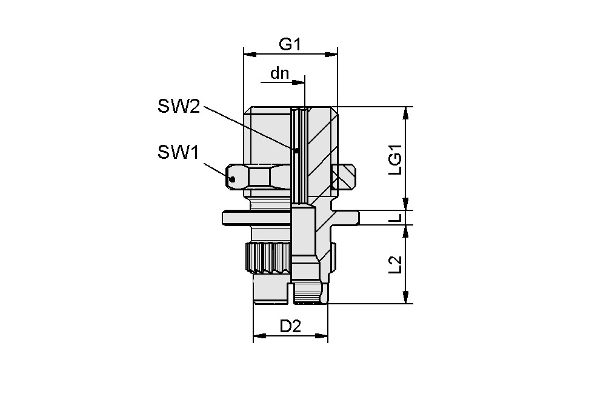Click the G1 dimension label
(x=290, y=44)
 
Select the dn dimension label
(x=279, y=73)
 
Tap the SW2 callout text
(x=179, y=107)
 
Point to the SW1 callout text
(x=179, y=153)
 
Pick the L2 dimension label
(x=394, y=264)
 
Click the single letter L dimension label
(x=394, y=217)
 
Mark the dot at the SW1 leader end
(x=232, y=179)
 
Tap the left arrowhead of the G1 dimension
(x=249, y=54)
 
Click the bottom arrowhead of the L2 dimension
(x=406, y=297)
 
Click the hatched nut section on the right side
(x=342, y=176)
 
